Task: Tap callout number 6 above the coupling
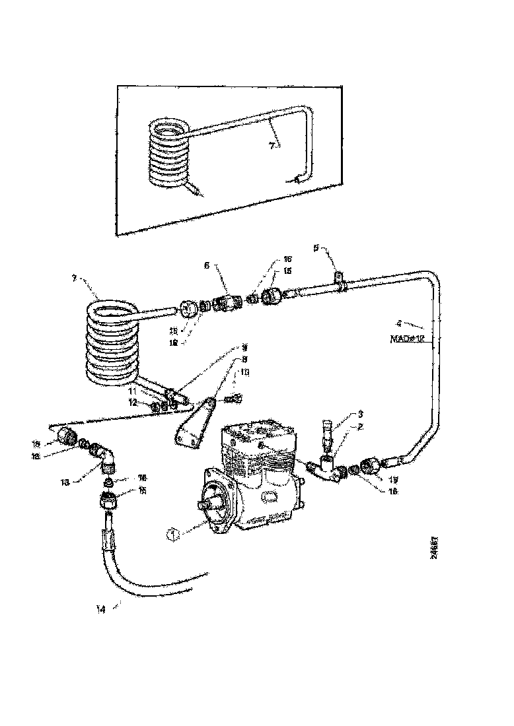point(206,265)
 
